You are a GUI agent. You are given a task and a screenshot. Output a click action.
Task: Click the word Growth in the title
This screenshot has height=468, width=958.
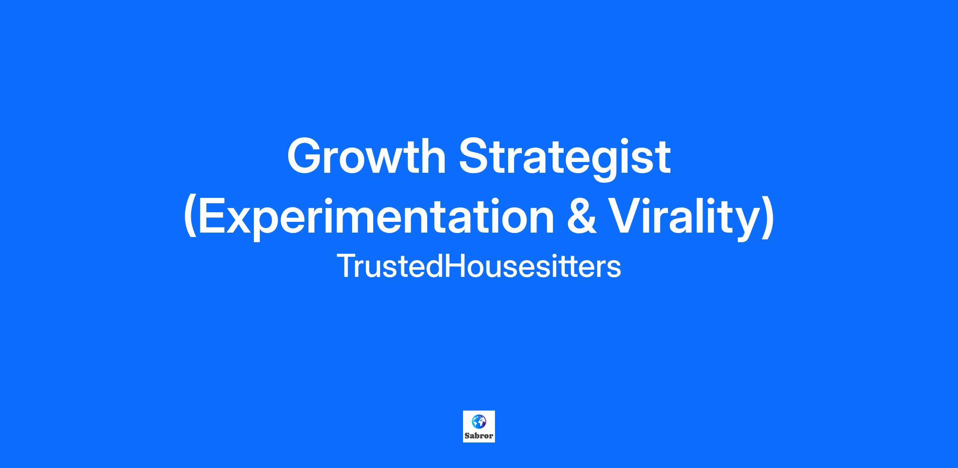point(366,156)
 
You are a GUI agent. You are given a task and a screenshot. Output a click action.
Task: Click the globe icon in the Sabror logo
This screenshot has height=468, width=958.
point(479,421)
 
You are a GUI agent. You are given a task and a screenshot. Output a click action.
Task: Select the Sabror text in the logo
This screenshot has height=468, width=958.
point(479,436)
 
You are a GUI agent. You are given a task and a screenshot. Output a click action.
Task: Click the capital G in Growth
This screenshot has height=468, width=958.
point(305,156)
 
